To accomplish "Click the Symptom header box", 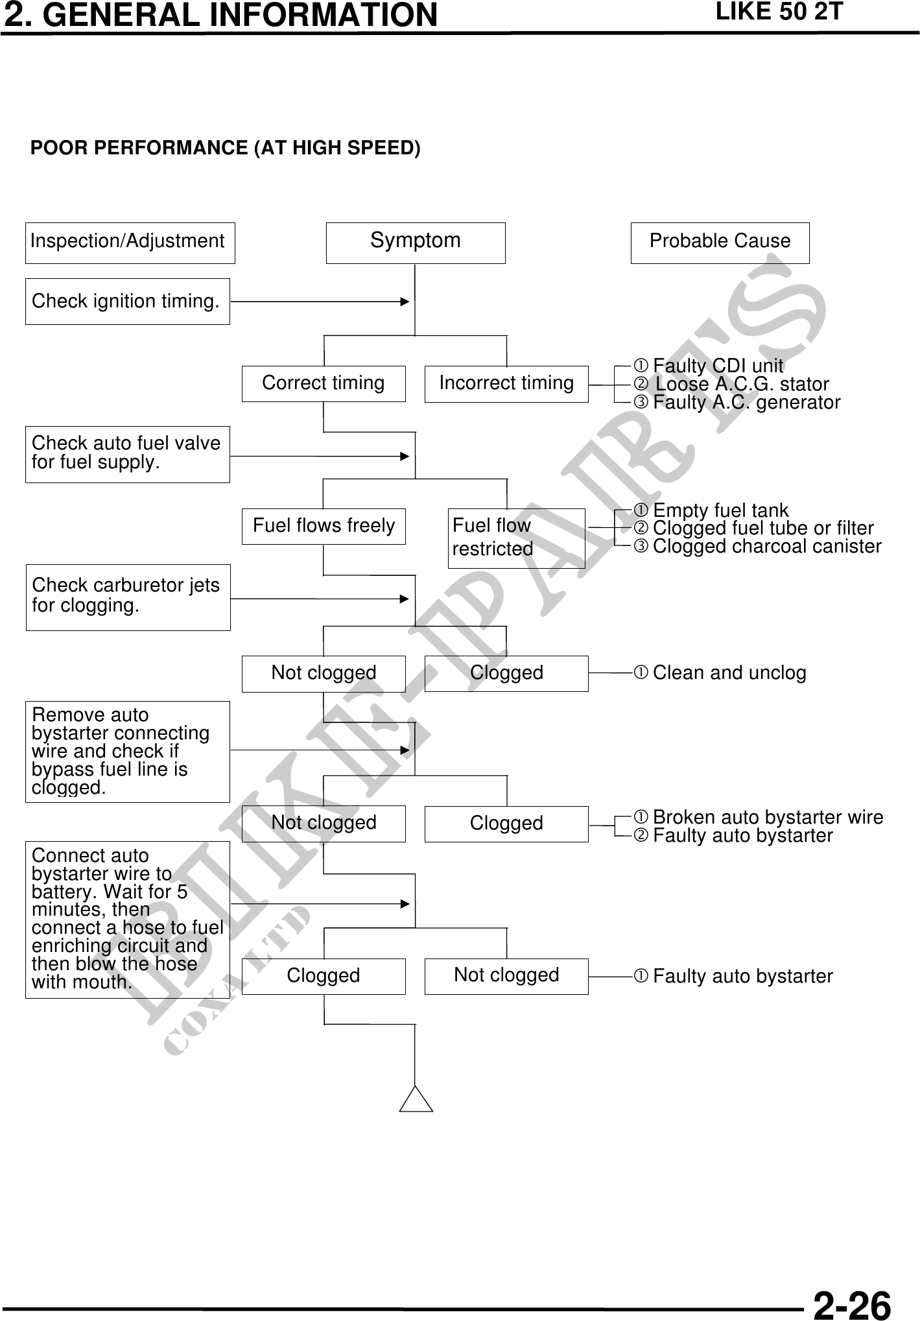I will [415, 243].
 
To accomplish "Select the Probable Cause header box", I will [720, 243].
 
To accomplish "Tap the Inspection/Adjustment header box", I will [130, 243].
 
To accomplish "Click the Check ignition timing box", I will [127, 302].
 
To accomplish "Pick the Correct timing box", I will [324, 383].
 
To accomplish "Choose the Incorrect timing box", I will [506, 383].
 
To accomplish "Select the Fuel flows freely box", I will [324, 526].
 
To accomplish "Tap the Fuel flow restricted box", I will [516, 538].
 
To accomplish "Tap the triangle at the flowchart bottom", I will [416, 1101].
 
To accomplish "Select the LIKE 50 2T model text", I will [779, 12].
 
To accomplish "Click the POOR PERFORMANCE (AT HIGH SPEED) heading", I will [226, 149].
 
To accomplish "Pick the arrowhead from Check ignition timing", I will [405, 302].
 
